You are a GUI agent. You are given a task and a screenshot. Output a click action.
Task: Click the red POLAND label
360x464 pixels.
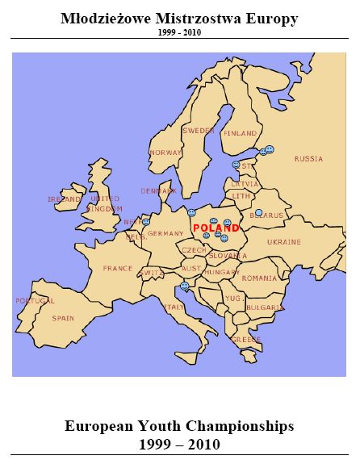pos(216,228)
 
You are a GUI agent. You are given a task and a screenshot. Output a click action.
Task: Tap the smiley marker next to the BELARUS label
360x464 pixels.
pos(259,213)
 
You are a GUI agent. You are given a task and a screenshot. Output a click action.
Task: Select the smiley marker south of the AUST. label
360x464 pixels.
pos(185,286)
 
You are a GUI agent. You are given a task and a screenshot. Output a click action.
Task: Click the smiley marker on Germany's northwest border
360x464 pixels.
pos(146,222)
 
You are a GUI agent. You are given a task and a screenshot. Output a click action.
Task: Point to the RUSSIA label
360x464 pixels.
pos(308,159)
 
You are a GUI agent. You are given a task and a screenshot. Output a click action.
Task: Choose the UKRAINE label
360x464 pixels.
pos(284,241)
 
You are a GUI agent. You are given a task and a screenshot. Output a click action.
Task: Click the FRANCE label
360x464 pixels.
pos(117,268)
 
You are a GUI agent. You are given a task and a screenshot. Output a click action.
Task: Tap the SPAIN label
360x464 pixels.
pos(63,318)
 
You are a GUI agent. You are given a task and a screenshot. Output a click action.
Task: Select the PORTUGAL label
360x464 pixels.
pos(35,301)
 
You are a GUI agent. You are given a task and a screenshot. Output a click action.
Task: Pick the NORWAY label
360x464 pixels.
pos(165,153)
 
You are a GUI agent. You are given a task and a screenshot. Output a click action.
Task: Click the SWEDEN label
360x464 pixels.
pos(199,130)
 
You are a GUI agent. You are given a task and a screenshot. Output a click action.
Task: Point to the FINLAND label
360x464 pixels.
pos(240,133)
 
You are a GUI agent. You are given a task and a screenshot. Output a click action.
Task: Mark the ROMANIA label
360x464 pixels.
pos(259,278)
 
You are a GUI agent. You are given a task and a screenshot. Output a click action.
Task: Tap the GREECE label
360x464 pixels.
pos(246,340)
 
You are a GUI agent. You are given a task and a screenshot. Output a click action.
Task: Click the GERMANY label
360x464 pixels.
pos(166,233)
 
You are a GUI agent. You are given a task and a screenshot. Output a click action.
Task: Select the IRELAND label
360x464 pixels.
pos(64,199)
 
